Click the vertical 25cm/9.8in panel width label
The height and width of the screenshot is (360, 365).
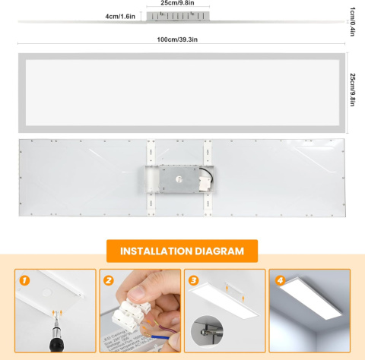pyautogui.click(x=353, y=90)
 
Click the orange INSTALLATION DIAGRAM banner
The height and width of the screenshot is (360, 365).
pyautogui.click(x=182, y=251)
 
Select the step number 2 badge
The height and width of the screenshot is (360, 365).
pyautogui.click(x=109, y=280)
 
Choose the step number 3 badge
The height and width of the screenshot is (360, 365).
pyautogui.click(x=194, y=280)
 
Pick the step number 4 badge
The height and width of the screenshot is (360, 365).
pyautogui.click(x=279, y=280)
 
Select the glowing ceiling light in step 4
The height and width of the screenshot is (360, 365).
pyautogui.click(x=309, y=305)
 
